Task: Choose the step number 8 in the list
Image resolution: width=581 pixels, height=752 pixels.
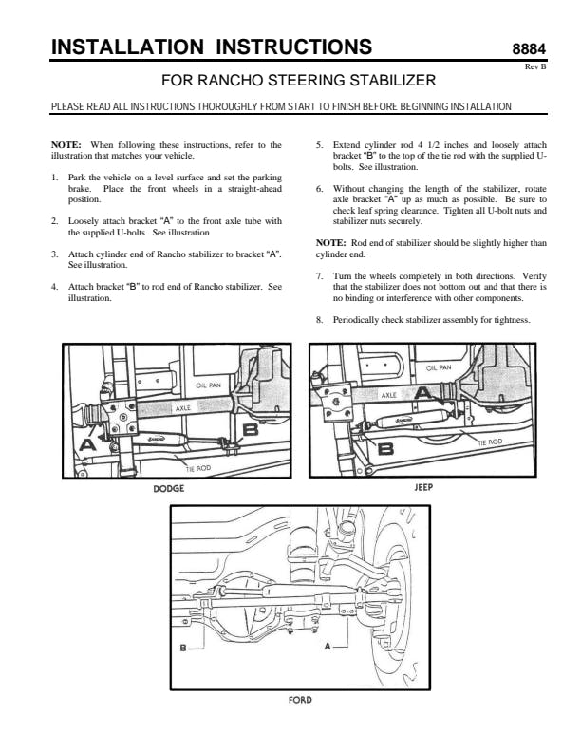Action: pyautogui.click(x=318, y=319)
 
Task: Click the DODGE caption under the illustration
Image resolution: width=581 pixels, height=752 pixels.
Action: pyautogui.click(x=168, y=489)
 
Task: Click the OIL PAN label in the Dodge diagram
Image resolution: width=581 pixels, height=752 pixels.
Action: pyautogui.click(x=208, y=386)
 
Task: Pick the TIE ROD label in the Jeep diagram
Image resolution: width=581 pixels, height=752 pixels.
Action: pyautogui.click(x=488, y=442)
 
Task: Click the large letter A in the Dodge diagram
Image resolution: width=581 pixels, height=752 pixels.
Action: pyautogui.click(x=88, y=443)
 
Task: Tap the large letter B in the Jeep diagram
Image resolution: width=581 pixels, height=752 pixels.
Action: pyautogui.click(x=384, y=449)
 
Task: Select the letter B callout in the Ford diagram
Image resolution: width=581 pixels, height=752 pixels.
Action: pyautogui.click(x=183, y=648)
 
